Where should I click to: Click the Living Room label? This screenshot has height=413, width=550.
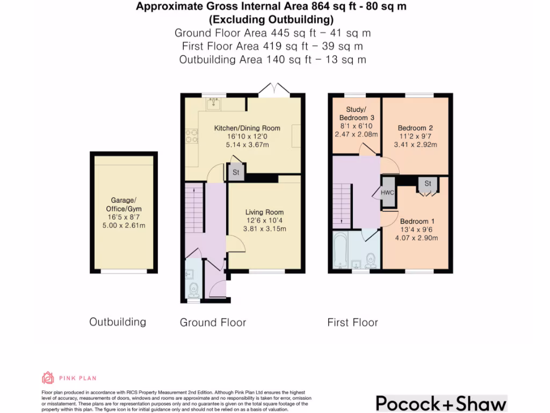(x=264, y=212)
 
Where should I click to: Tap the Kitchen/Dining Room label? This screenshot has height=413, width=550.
(x=247, y=128)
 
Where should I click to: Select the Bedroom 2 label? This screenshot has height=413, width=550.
(x=415, y=128)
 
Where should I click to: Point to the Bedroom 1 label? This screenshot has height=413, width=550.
(x=417, y=221)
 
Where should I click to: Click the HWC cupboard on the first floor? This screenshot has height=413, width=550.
(x=388, y=192)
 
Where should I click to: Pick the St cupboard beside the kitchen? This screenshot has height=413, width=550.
(x=236, y=172)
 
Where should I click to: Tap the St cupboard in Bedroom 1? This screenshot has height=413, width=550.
(x=428, y=184)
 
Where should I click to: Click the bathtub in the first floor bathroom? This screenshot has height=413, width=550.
(x=340, y=250)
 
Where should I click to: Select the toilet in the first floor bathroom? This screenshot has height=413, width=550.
(x=371, y=261)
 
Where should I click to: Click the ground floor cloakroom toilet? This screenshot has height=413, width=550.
(x=193, y=290)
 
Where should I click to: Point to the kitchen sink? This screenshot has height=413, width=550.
(x=213, y=104)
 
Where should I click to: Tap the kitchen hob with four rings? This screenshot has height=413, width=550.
(x=192, y=136)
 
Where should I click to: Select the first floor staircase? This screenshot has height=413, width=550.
(x=342, y=206)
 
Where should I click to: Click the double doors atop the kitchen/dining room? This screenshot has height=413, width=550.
(x=274, y=89)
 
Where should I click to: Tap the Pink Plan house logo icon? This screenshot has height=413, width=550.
(x=48, y=378)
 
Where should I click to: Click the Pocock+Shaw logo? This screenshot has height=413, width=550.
(x=442, y=403)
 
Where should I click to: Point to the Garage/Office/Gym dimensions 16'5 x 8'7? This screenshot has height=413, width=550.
(x=124, y=217)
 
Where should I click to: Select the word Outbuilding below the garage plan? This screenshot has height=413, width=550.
(x=118, y=322)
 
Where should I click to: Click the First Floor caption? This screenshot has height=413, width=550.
(x=352, y=323)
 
